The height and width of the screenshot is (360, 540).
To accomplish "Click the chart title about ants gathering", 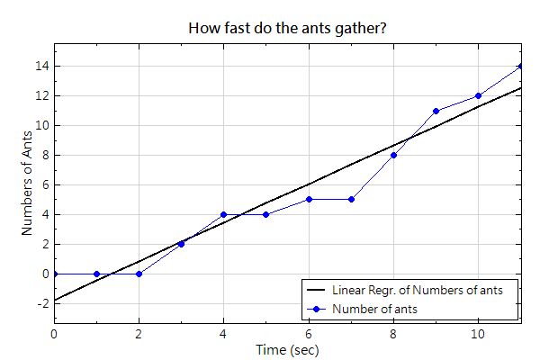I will (x=288, y=28).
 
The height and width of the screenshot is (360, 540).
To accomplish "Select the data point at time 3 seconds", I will (x=181, y=244).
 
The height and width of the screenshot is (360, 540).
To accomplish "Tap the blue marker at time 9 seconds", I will (x=436, y=111).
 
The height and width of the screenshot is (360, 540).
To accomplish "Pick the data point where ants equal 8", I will (x=393, y=155).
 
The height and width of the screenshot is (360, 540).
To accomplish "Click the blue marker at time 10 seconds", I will (x=478, y=95).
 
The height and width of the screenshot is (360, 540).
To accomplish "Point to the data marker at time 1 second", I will (x=96, y=274).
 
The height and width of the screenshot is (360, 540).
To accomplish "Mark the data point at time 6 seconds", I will (x=309, y=199).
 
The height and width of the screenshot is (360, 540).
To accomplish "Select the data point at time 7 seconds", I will (x=351, y=199).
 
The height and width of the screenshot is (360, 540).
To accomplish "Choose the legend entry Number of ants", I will (x=374, y=309).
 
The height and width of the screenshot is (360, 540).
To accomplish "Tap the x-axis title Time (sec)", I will (x=287, y=349).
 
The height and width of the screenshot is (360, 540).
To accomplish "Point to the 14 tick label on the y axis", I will (x=40, y=66).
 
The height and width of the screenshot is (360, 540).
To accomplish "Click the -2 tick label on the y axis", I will (x=40, y=303).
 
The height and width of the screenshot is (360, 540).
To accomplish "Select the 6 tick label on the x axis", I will (x=309, y=334).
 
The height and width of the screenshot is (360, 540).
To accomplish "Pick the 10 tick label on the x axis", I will (x=478, y=334).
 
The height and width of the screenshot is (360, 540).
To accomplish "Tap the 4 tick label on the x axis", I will (x=223, y=334).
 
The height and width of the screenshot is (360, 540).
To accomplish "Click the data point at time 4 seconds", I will (x=223, y=214).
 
